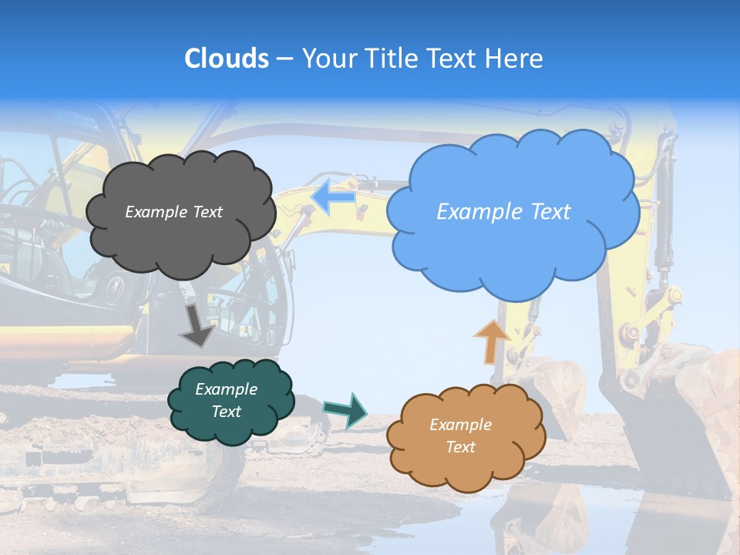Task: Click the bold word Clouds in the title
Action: point(226,59)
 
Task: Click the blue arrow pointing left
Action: point(333,197)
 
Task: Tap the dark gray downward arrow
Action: point(197,325)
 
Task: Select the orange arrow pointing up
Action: point(491,341)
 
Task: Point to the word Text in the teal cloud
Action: point(227,412)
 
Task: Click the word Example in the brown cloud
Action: point(460,425)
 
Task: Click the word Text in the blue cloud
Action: point(550,212)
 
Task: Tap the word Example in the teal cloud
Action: point(227,389)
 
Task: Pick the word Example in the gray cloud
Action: point(156,212)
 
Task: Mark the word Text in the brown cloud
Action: point(460,447)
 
